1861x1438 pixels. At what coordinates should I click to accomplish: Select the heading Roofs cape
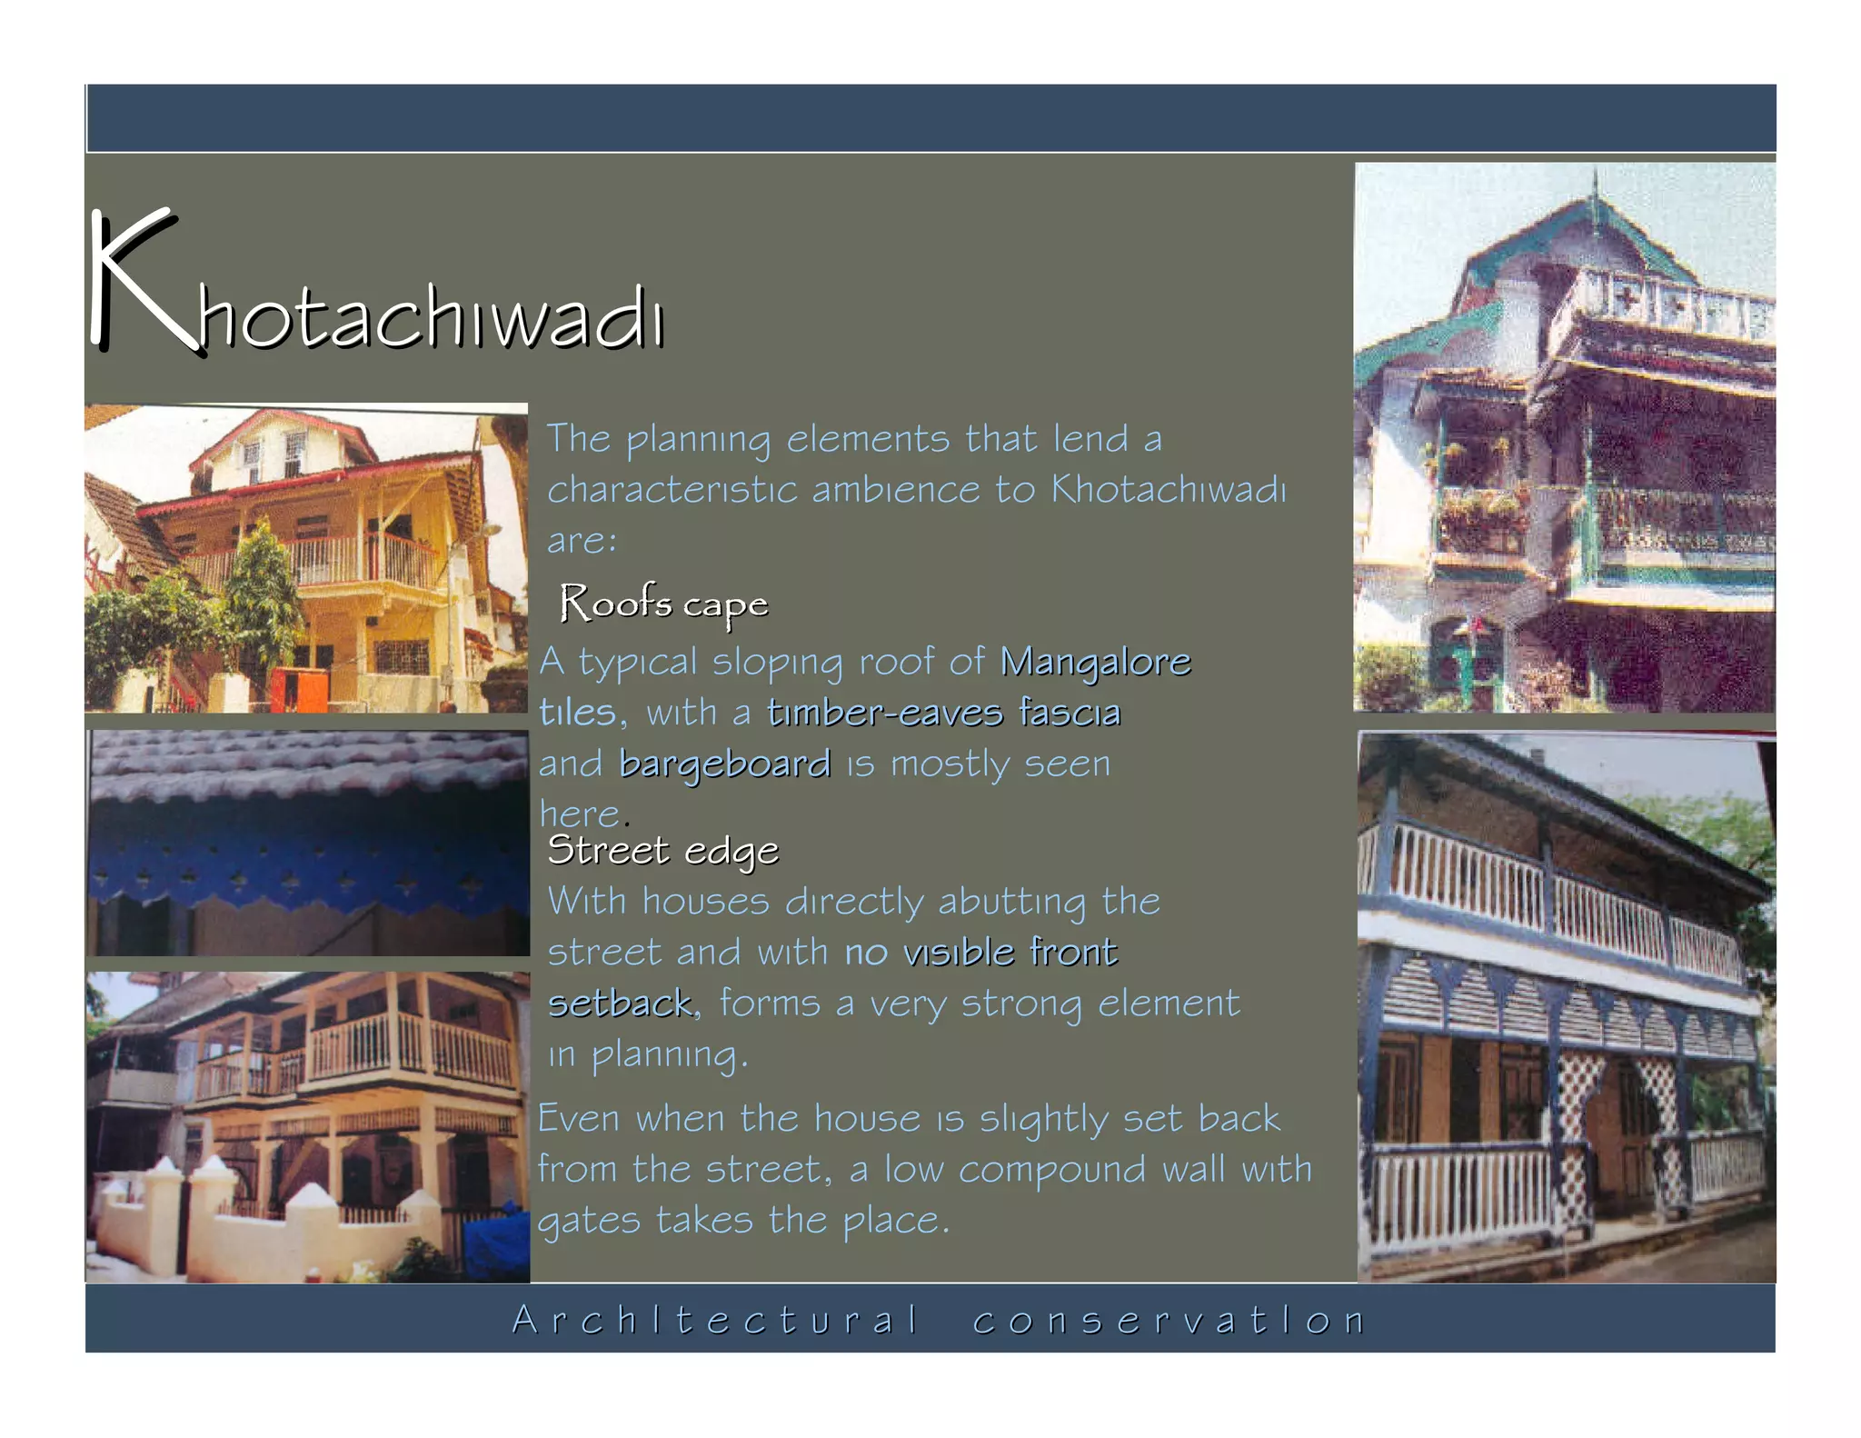point(663,604)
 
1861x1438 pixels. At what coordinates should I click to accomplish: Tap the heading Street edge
point(662,851)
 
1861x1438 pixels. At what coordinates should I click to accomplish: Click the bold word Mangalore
point(1095,662)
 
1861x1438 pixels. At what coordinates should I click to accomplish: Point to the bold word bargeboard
point(724,764)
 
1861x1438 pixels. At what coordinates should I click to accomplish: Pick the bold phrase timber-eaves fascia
point(943,713)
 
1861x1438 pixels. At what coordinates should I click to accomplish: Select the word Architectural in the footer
point(716,1320)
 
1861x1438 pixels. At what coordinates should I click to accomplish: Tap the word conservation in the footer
point(1169,1320)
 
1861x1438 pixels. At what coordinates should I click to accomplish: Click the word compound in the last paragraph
point(1052,1170)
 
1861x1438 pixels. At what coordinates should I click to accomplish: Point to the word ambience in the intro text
point(895,490)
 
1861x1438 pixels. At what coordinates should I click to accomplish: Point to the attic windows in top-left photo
point(271,454)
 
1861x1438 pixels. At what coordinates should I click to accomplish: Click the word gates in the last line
point(588,1221)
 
